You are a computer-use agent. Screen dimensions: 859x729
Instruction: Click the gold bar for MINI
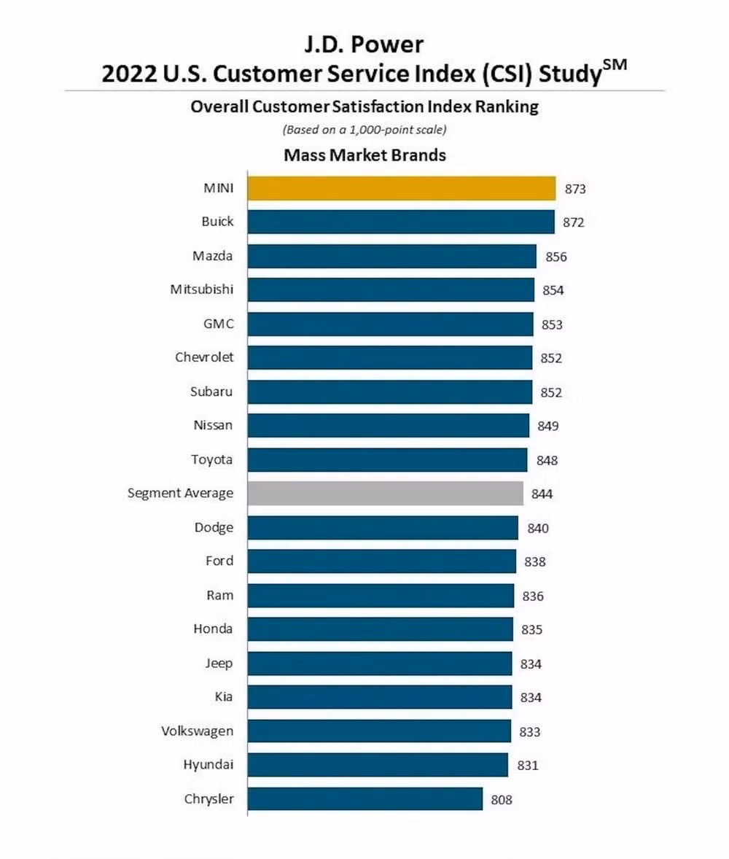point(401,188)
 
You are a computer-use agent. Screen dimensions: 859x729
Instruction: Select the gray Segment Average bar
point(385,494)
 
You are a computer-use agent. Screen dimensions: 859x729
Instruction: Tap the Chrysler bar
point(364,798)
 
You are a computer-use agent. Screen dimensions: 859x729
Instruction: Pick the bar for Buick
point(400,222)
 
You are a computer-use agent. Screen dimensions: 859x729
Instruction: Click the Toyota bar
point(387,460)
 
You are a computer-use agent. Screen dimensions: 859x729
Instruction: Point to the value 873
point(575,189)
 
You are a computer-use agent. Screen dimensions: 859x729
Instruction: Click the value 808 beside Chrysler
point(502,799)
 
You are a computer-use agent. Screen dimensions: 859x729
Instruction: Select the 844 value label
point(542,494)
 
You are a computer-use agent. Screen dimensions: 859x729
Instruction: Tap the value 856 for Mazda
point(555,257)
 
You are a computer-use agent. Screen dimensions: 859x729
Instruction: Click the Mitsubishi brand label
point(202,289)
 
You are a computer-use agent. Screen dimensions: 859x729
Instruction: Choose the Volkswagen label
point(198,731)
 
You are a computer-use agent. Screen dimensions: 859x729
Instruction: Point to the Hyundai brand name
point(208,765)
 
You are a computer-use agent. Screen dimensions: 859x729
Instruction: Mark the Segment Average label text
point(181,493)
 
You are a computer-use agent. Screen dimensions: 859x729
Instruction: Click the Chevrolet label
point(204,357)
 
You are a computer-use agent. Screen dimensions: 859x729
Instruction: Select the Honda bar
point(380,629)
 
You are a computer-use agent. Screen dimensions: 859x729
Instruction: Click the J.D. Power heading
point(364,45)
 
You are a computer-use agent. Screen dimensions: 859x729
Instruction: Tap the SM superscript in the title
point(614,66)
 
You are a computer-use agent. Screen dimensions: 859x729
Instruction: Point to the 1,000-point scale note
point(364,130)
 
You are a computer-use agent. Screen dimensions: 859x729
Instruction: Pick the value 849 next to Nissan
point(548,426)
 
